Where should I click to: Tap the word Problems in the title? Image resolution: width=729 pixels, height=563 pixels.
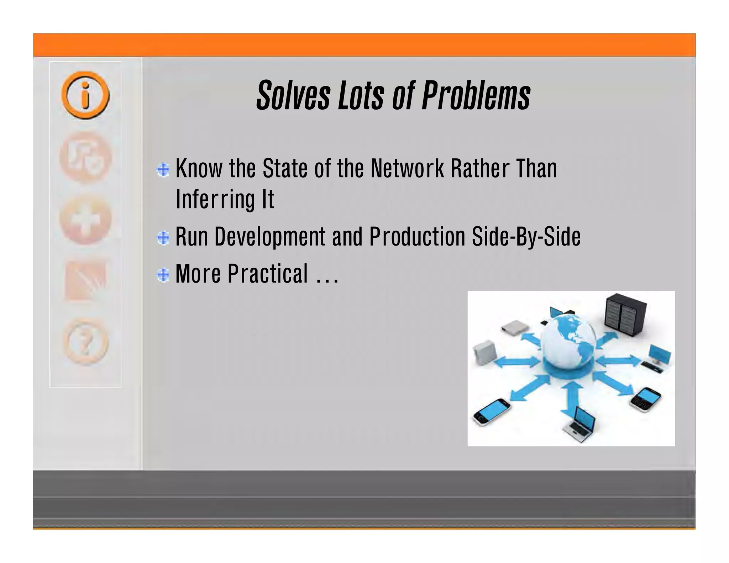pyautogui.click(x=476, y=95)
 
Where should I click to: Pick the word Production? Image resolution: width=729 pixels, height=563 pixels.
pyautogui.click(x=417, y=237)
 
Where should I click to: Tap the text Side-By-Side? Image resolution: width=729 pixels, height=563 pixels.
pyautogui.click(x=526, y=237)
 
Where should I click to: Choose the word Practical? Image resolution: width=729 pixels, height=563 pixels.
pyautogui.click(x=268, y=274)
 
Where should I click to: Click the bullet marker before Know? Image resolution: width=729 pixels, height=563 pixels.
pyautogui.click(x=163, y=170)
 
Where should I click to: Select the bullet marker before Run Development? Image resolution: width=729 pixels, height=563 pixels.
pyautogui.click(x=163, y=238)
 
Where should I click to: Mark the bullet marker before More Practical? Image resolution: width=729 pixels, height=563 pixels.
pyautogui.click(x=163, y=275)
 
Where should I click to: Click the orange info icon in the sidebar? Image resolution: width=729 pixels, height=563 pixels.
pyautogui.click(x=85, y=95)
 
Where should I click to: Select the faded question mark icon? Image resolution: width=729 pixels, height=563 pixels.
pyautogui.click(x=85, y=342)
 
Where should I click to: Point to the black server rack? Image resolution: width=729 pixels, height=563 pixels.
pyautogui.click(x=625, y=315)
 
